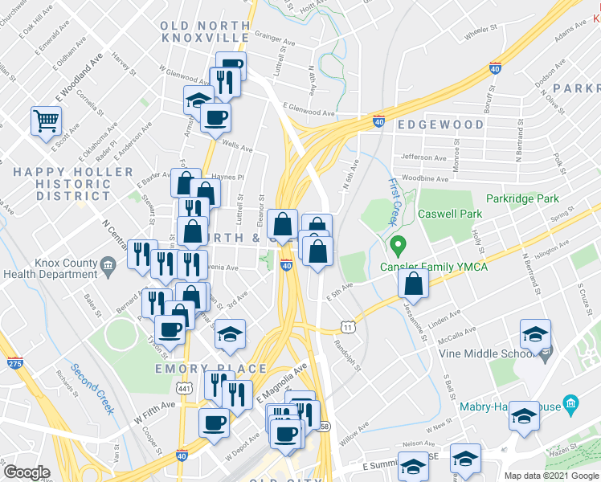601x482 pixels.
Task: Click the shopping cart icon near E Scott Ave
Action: [46, 121]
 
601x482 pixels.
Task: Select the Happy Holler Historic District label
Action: [73, 183]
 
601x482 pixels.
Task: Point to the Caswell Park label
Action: [450, 214]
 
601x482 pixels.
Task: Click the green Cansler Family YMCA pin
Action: [395, 243]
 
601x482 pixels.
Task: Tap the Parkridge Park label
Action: [524, 198]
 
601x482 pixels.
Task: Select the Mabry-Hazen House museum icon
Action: [570, 402]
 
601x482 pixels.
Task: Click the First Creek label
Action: [393, 201]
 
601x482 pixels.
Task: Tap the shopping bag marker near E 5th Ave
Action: [413, 284]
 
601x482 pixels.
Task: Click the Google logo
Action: [27, 472]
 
